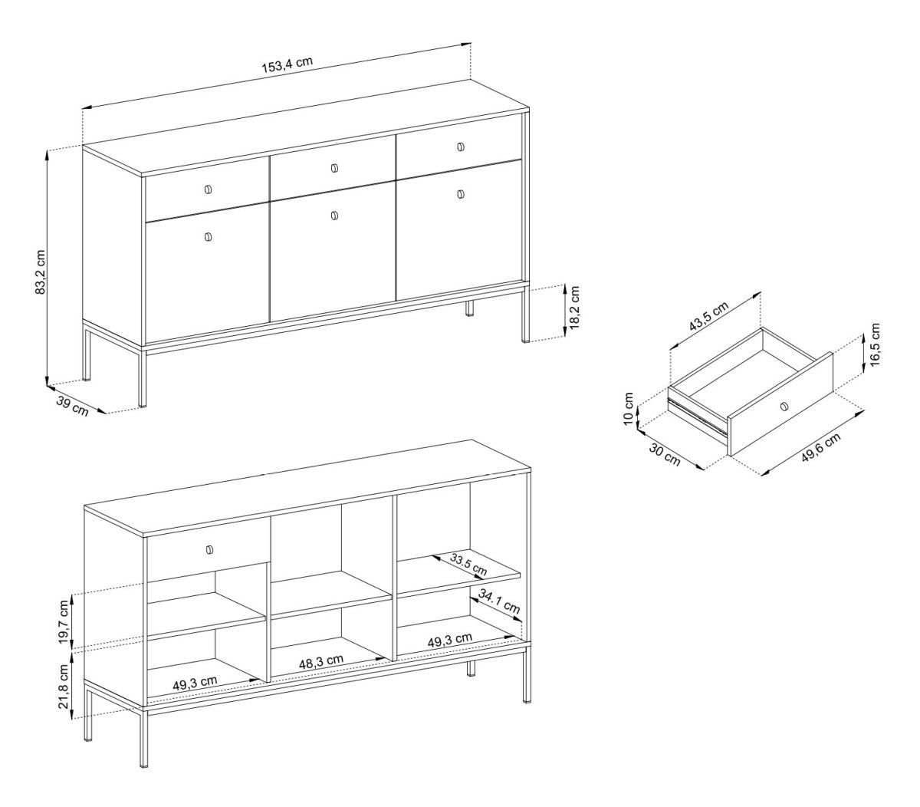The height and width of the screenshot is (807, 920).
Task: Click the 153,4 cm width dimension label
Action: [287, 65]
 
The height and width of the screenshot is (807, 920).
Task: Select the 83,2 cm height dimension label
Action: [41, 272]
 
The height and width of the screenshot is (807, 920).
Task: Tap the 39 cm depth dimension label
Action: [72, 406]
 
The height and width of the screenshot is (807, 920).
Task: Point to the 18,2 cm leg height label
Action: [574, 307]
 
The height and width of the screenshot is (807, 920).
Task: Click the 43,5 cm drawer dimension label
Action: [708, 316]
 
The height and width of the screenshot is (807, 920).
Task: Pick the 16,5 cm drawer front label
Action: [875, 344]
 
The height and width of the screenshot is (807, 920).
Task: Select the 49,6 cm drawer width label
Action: [820, 447]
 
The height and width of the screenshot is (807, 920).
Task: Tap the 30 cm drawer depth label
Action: [665, 454]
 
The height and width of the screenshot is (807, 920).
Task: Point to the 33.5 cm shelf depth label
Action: [468, 564]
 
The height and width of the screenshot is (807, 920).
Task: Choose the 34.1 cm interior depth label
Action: [499, 601]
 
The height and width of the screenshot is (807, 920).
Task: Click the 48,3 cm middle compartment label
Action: [321, 661]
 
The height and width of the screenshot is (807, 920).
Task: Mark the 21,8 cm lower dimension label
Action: [63, 686]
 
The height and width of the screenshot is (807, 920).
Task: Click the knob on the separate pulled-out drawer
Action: [784, 407]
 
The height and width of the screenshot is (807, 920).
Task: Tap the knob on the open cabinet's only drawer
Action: [209, 550]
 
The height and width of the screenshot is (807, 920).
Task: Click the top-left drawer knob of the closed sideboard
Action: [209, 189]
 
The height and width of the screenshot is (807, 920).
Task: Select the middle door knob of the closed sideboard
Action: [335, 216]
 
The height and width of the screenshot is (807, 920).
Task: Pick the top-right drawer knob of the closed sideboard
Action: [461, 147]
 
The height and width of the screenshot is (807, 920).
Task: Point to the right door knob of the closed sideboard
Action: [461, 194]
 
